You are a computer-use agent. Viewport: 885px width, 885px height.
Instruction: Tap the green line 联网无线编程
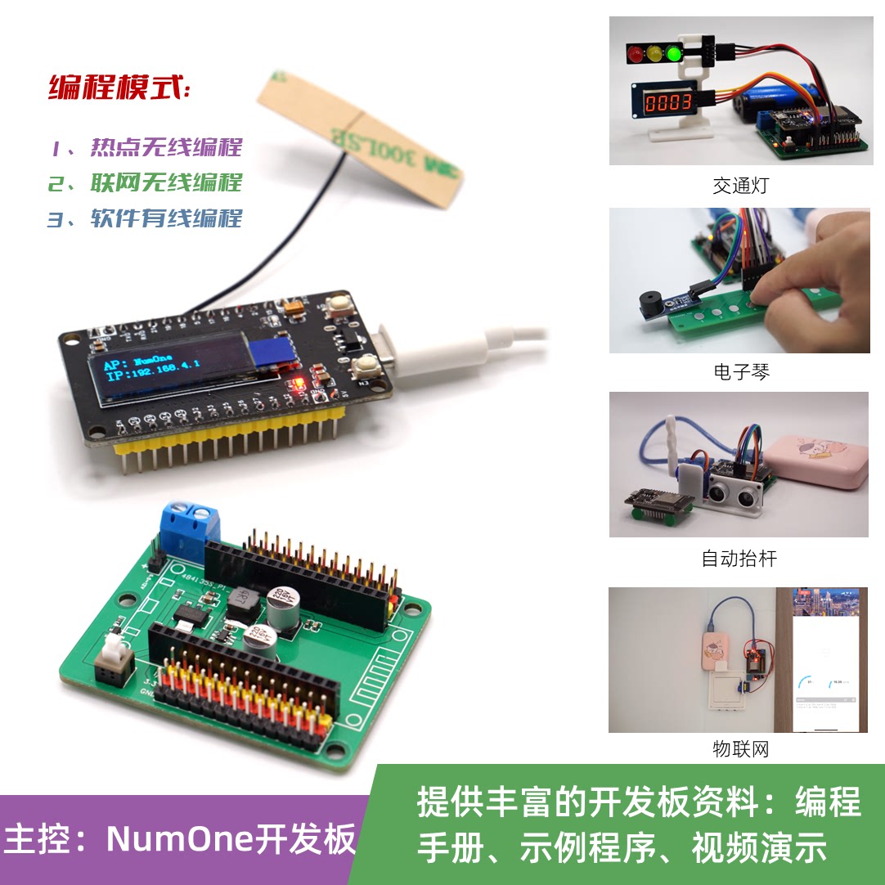pos(146,182)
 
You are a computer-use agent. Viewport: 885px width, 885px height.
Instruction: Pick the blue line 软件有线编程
pos(146,218)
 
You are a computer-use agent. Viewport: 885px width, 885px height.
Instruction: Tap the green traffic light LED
pos(675,55)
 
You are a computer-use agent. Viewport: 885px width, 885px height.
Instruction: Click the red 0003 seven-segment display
pos(667,103)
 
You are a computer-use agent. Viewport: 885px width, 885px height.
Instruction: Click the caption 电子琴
pos(740,372)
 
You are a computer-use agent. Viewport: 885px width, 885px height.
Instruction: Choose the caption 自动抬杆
pos(739,559)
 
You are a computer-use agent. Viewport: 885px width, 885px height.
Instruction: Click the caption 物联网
pos(740,748)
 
